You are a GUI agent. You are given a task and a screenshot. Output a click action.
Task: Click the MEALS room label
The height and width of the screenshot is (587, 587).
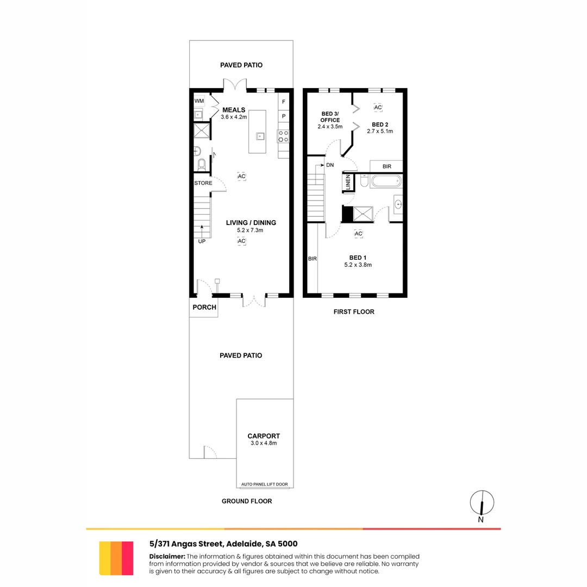tap(234, 109)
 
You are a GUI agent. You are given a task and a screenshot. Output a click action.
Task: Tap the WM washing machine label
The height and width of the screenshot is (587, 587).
tap(199, 101)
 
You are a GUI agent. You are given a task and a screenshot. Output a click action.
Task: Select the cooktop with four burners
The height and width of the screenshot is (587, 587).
tap(283, 136)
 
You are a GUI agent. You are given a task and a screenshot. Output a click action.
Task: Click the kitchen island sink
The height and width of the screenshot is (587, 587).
tap(260, 136)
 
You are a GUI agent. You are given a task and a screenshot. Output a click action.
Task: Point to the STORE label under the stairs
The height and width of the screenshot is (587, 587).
tap(203, 183)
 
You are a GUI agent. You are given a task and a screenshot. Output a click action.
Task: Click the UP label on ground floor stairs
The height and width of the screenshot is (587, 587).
tap(202, 241)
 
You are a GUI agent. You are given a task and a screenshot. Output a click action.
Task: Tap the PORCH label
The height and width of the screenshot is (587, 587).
tap(204, 307)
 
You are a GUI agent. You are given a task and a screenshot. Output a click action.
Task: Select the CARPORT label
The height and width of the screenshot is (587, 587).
tap(264, 436)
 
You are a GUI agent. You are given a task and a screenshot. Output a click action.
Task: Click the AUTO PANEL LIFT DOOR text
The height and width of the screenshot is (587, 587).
tap(264, 484)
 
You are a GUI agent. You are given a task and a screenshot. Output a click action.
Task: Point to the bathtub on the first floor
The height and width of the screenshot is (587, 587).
tap(386, 181)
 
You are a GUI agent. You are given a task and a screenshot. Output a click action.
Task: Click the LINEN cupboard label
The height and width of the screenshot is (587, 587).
tap(348, 183)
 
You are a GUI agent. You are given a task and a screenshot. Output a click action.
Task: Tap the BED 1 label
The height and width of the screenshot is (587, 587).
tap(358, 258)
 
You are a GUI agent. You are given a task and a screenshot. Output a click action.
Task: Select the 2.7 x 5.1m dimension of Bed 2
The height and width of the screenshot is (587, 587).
tap(379, 132)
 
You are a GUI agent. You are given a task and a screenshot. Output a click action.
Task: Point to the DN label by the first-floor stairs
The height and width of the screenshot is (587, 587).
tap(329, 165)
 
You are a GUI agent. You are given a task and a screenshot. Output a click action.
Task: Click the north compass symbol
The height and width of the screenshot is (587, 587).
tap(482, 503)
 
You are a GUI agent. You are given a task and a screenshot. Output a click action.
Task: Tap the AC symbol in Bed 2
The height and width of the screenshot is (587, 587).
tap(378, 108)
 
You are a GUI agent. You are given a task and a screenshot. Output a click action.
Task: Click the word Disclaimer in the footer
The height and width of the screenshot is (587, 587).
tap(167, 557)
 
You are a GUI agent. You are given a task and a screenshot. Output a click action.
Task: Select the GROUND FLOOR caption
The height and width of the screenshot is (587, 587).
tap(247, 501)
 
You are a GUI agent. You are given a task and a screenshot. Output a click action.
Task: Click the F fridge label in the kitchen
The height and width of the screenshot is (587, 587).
tap(284, 102)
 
